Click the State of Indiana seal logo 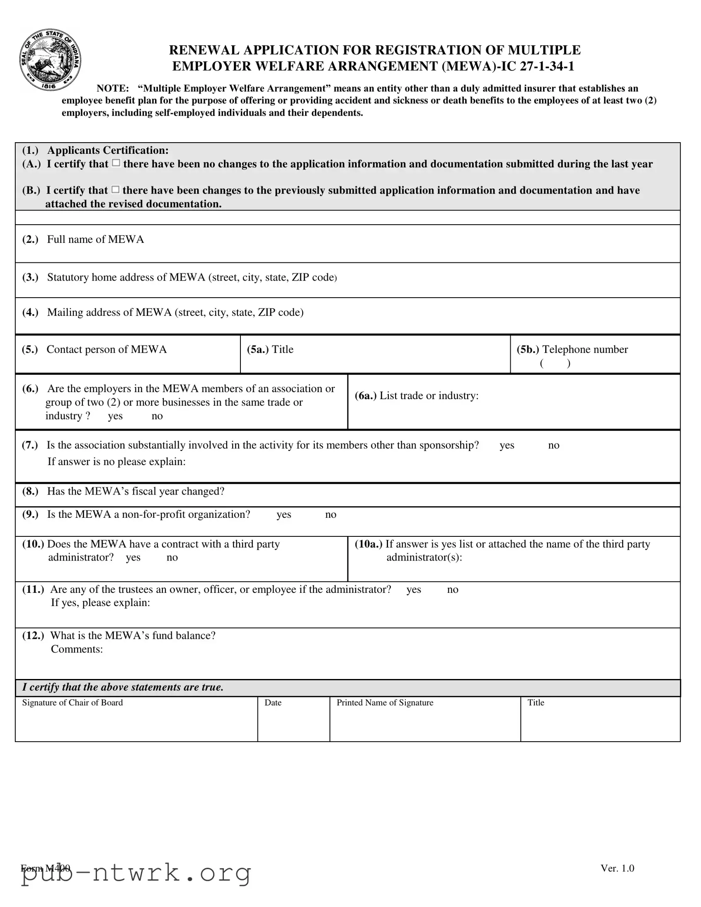[50, 61]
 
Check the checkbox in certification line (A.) [116, 163]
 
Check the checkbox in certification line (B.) [115, 190]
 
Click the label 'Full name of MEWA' [95, 239]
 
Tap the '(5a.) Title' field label [270, 349]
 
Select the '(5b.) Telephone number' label [572, 349]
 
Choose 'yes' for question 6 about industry [115, 416]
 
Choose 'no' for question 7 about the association [553, 445]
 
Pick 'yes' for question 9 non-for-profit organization [284, 514]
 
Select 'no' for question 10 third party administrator [172, 557]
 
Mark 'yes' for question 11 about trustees [413, 589]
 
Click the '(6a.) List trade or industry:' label [416, 395]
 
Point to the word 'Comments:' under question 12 [77, 649]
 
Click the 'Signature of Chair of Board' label [72, 703]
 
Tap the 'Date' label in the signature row [273, 703]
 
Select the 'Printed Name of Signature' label [385, 703]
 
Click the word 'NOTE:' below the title [112, 88]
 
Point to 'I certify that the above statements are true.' [123, 687]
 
